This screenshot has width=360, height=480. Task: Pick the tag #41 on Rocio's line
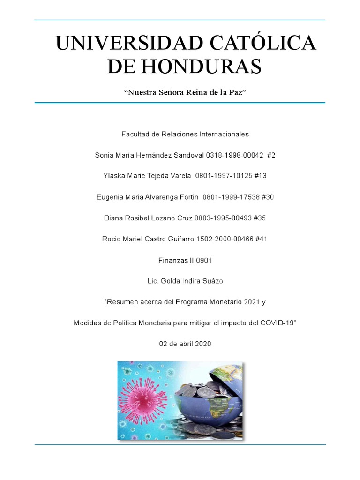pos(262,240)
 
